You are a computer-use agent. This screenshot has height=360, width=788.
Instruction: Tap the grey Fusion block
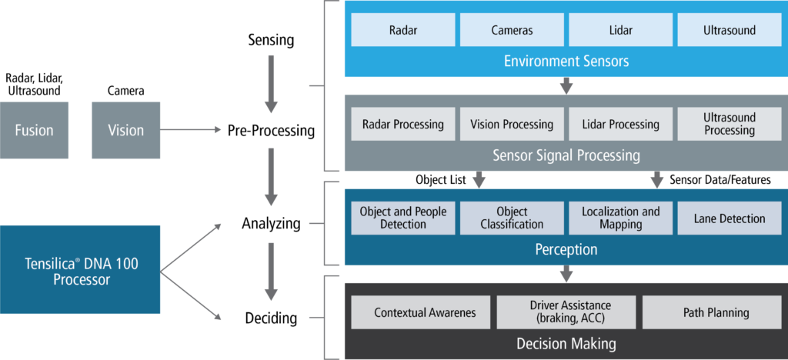tap(34, 130)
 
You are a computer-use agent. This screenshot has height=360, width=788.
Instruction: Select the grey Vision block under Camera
tap(125, 130)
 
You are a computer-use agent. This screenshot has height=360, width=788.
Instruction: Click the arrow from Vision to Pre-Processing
tap(189, 131)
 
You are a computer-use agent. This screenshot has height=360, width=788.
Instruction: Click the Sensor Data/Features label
tap(720, 179)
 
